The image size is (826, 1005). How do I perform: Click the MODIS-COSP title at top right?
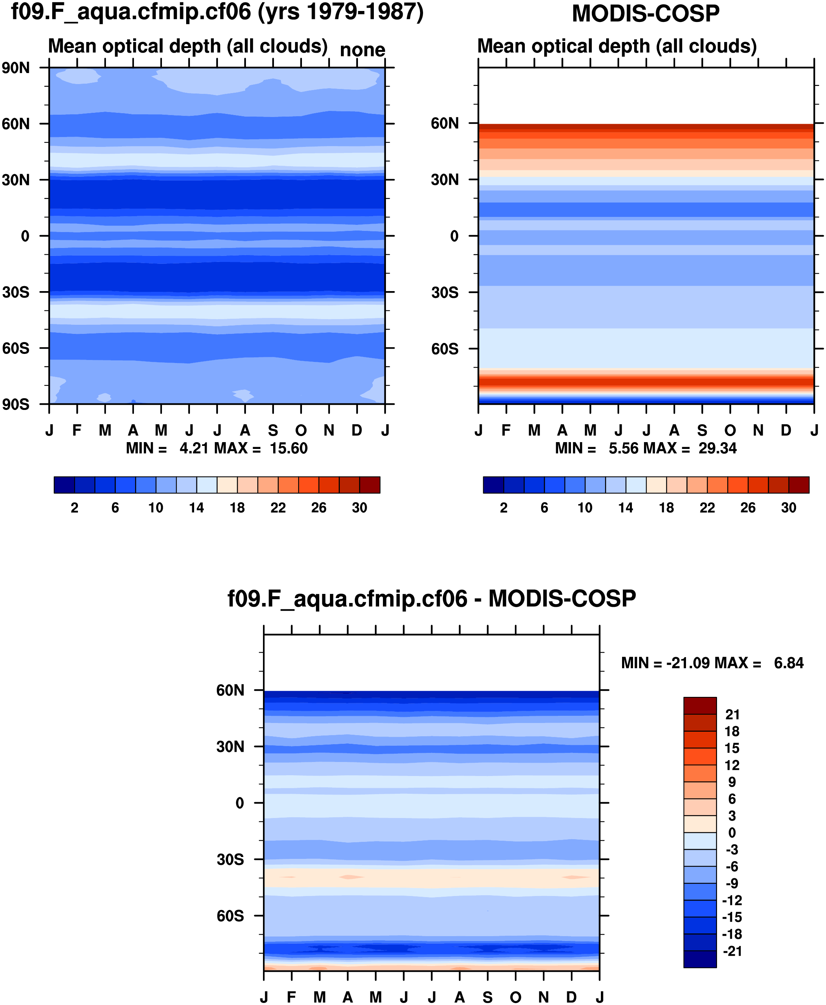[645, 13]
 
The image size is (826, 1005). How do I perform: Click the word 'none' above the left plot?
[362, 50]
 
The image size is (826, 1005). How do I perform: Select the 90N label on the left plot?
[16, 68]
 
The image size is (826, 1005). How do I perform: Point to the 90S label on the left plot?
[16, 404]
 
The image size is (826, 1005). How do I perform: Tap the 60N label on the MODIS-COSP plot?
[445, 123]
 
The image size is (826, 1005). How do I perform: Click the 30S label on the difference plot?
[230, 859]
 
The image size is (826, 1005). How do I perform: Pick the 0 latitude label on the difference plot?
[240, 803]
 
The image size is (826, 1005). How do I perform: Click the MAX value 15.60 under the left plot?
[288, 448]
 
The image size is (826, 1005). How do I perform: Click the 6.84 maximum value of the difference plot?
[789, 663]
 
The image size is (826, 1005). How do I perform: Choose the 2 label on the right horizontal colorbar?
[503, 508]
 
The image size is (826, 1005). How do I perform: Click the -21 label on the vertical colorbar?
[732, 951]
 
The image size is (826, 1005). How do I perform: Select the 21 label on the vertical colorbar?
[732, 714]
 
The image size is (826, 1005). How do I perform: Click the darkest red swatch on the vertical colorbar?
[700, 706]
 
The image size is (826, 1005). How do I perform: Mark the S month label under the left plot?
[273, 430]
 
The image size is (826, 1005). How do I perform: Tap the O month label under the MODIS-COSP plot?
[730, 430]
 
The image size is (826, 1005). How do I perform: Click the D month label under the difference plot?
[571, 997]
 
